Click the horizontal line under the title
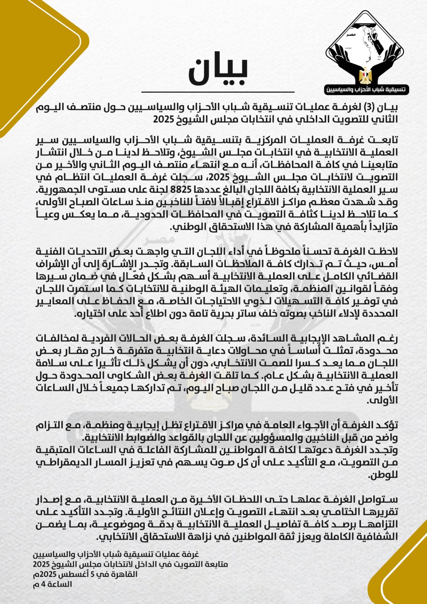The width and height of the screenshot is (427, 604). point(218,92)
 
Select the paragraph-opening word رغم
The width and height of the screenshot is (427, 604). point(390,338)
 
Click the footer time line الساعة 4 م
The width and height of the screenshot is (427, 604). point(52,584)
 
